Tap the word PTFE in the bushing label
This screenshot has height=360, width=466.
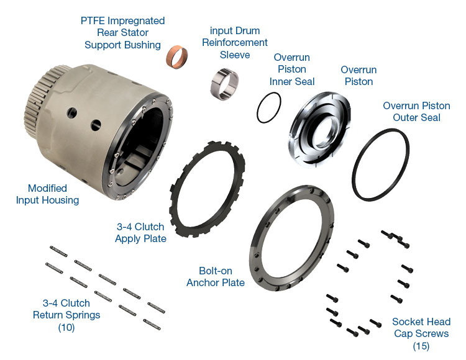click(93, 20)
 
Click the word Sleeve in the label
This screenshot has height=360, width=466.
click(235, 55)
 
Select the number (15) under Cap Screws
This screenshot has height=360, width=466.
click(421, 346)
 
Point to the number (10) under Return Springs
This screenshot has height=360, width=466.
click(66, 328)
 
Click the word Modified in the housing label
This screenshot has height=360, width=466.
click(47, 188)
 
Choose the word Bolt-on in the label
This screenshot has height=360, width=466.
click(216, 271)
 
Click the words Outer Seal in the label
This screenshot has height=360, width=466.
click(417, 117)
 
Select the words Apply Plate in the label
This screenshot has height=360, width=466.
click(140, 238)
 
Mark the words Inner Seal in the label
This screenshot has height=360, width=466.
click(292, 81)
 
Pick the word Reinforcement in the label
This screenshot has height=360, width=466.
click(235, 42)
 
